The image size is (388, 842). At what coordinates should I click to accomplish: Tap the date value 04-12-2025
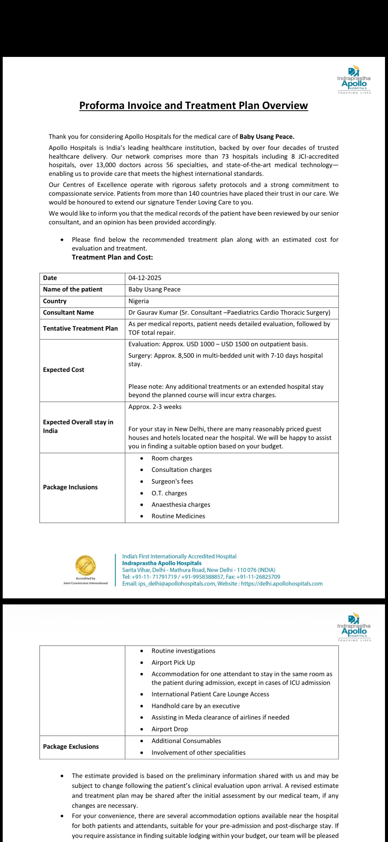145,278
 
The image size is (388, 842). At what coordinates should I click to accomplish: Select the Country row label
54,301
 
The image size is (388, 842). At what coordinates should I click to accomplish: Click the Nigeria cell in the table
138,301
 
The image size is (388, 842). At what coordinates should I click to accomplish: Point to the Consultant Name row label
68,313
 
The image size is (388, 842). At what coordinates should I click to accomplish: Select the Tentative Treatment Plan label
80,329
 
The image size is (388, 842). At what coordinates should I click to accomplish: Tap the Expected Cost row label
64,370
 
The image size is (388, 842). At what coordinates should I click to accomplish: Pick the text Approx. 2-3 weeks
155,407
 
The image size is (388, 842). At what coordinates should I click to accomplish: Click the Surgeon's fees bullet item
172,482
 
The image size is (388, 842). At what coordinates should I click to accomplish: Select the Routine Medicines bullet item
178,516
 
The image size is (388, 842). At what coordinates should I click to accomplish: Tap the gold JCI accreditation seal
85,566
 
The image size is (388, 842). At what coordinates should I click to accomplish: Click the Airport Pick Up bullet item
173,663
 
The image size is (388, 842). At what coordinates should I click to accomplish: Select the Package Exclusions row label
71,747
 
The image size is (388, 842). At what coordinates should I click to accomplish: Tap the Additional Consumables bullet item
186,741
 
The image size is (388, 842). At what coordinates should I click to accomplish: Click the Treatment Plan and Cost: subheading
112,257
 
